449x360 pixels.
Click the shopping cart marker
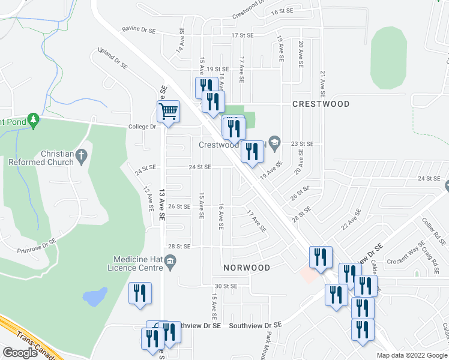(169, 111)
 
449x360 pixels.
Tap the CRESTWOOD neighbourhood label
(321, 104)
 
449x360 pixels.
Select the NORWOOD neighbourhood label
(247, 267)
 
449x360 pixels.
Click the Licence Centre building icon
(170, 260)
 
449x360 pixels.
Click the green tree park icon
(34, 121)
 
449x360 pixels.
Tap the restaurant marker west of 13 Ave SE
(140, 293)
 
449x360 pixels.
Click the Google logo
(20, 353)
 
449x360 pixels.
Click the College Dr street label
(142, 127)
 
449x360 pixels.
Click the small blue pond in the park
(95, 296)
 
